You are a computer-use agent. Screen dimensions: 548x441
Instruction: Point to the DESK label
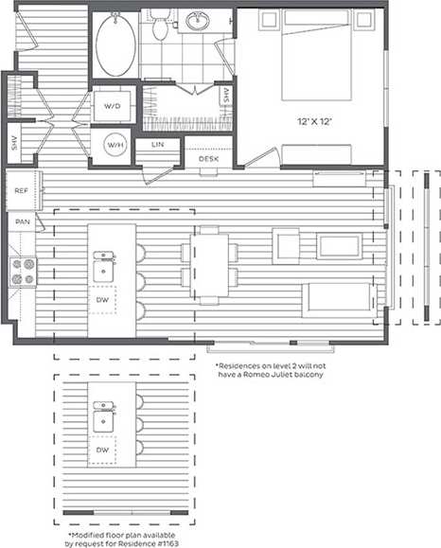pyautogui.click(x=209, y=159)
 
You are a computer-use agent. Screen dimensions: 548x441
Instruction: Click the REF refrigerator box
pyautogui.click(x=21, y=191)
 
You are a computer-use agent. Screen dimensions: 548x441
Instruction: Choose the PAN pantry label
pyautogui.click(x=21, y=222)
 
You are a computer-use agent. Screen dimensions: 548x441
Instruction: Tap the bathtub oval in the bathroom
pyautogui.click(x=115, y=44)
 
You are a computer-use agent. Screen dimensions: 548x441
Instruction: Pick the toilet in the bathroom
pyautogui.click(x=160, y=27)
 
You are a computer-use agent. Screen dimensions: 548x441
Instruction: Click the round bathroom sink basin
pyautogui.click(x=200, y=21)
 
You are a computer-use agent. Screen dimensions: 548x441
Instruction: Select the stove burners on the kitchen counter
pyautogui.click(x=22, y=273)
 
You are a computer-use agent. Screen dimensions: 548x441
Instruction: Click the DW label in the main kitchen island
pyautogui.click(x=103, y=300)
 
